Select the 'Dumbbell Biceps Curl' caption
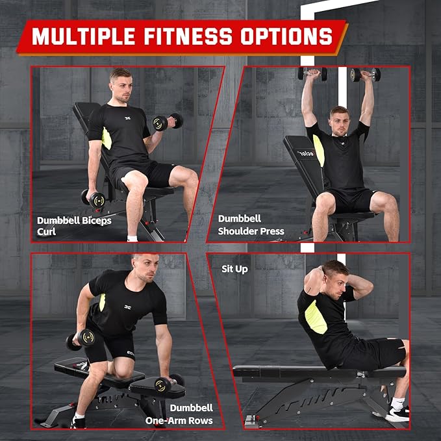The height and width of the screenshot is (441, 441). (x=73, y=225)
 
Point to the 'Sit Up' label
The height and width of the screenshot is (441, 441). (x=234, y=268)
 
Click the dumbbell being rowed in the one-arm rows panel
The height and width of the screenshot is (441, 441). (x=80, y=340)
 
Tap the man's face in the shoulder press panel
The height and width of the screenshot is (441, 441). (x=340, y=121)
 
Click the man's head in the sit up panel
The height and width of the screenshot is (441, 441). (x=334, y=275)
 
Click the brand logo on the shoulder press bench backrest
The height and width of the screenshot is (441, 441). (x=305, y=154)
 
